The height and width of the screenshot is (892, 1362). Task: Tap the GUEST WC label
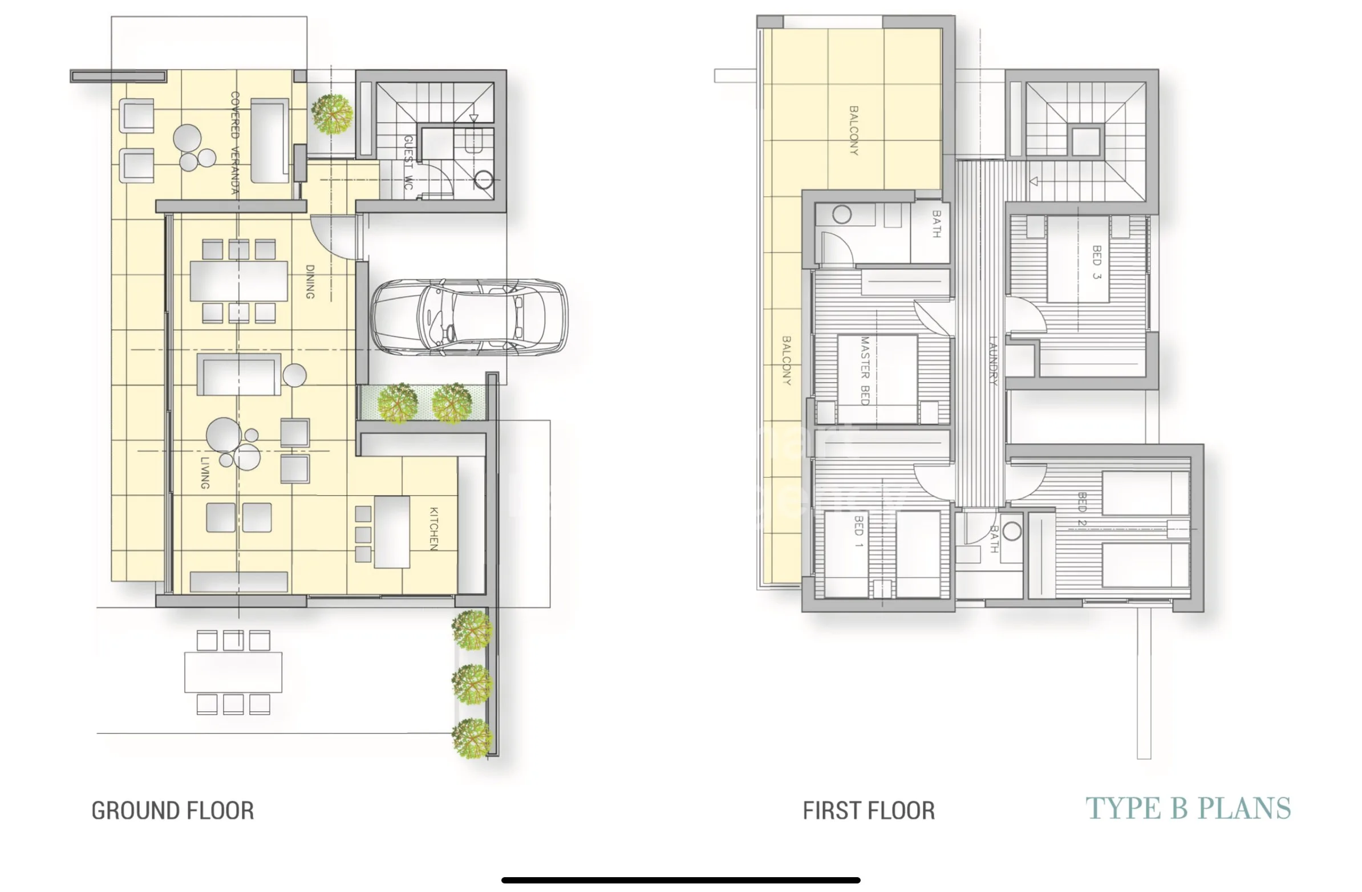(408, 163)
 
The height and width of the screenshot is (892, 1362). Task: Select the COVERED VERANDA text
(234, 143)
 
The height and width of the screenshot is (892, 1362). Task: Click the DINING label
(310, 282)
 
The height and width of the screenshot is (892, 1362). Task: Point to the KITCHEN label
(434, 529)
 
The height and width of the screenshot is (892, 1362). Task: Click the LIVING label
(204, 473)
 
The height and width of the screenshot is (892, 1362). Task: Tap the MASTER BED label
(865, 371)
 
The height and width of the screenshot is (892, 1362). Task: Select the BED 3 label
(1096, 262)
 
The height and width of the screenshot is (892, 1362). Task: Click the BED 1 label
(858, 531)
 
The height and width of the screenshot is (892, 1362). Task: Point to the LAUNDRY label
(993, 360)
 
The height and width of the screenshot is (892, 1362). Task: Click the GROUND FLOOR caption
(173, 811)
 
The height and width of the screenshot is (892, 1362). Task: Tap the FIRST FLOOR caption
(869, 811)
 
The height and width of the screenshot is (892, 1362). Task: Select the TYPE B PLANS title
(1188, 809)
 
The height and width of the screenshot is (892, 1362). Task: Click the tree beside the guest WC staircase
(332, 114)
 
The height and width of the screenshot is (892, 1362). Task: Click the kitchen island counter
(392, 532)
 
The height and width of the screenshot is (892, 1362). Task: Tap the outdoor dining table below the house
(233, 672)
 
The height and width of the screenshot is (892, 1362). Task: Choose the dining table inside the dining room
(239, 281)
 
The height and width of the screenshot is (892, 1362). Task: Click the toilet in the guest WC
(484, 180)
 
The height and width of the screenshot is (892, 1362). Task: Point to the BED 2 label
(1081, 508)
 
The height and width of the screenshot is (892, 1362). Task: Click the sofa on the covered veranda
(270, 141)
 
